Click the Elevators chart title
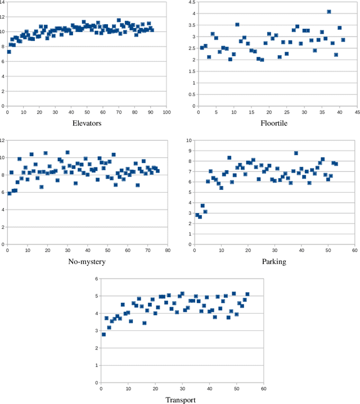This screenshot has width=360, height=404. (87, 123)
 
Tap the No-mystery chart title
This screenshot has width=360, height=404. (87, 261)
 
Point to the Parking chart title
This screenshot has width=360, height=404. (274, 261)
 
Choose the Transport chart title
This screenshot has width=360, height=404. (181, 400)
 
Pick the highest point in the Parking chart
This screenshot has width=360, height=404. (296, 153)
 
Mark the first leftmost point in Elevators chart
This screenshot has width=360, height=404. (9, 52)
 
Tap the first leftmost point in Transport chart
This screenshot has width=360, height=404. (103, 334)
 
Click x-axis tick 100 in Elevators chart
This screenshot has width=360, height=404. (167, 112)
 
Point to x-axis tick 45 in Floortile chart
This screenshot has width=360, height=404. (357, 112)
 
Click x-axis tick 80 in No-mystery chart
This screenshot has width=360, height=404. (168, 251)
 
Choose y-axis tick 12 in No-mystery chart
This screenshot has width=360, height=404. (3, 140)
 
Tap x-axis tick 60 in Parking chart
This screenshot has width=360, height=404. (354, 251)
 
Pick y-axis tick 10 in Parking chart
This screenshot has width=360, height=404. (189, 140)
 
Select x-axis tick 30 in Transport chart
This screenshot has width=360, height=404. (182, 389)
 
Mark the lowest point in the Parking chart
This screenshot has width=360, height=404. (200, 216)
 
